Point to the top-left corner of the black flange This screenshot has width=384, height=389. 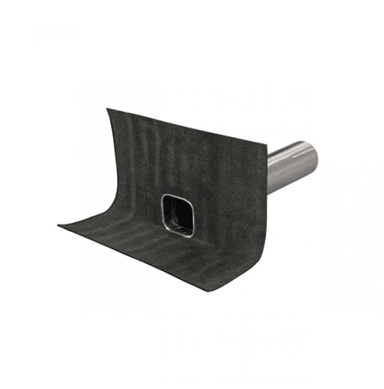(108, 109)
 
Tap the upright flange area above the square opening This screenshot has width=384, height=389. (188, 166)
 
